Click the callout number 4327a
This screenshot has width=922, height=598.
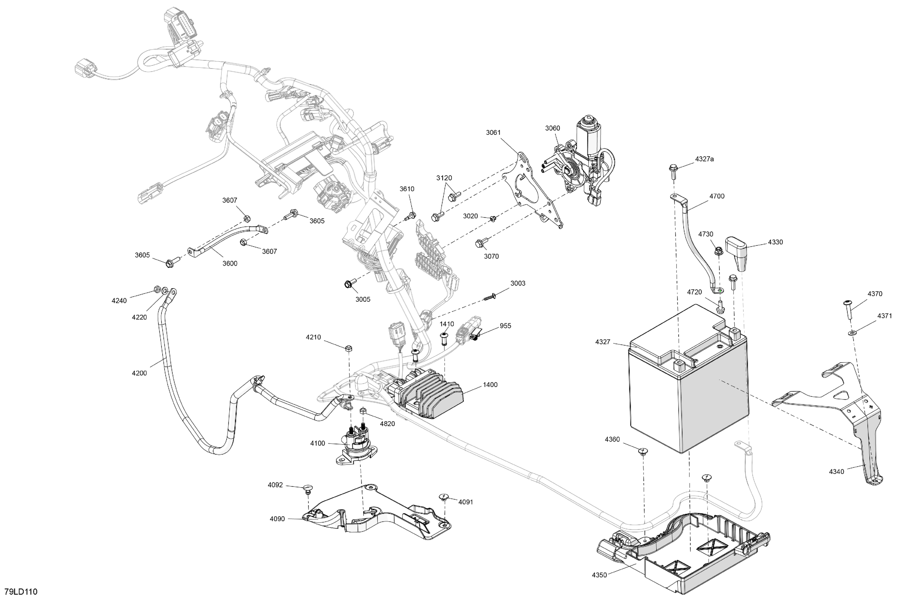[704, 159]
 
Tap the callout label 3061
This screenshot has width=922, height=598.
[493, 133]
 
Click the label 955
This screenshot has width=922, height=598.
[505, 326]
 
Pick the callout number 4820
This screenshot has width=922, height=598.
[387, 424]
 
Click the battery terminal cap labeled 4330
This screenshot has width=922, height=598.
[738, 253]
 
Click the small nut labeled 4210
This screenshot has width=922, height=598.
[348, 348]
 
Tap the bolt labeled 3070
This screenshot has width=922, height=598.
[479, 244]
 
